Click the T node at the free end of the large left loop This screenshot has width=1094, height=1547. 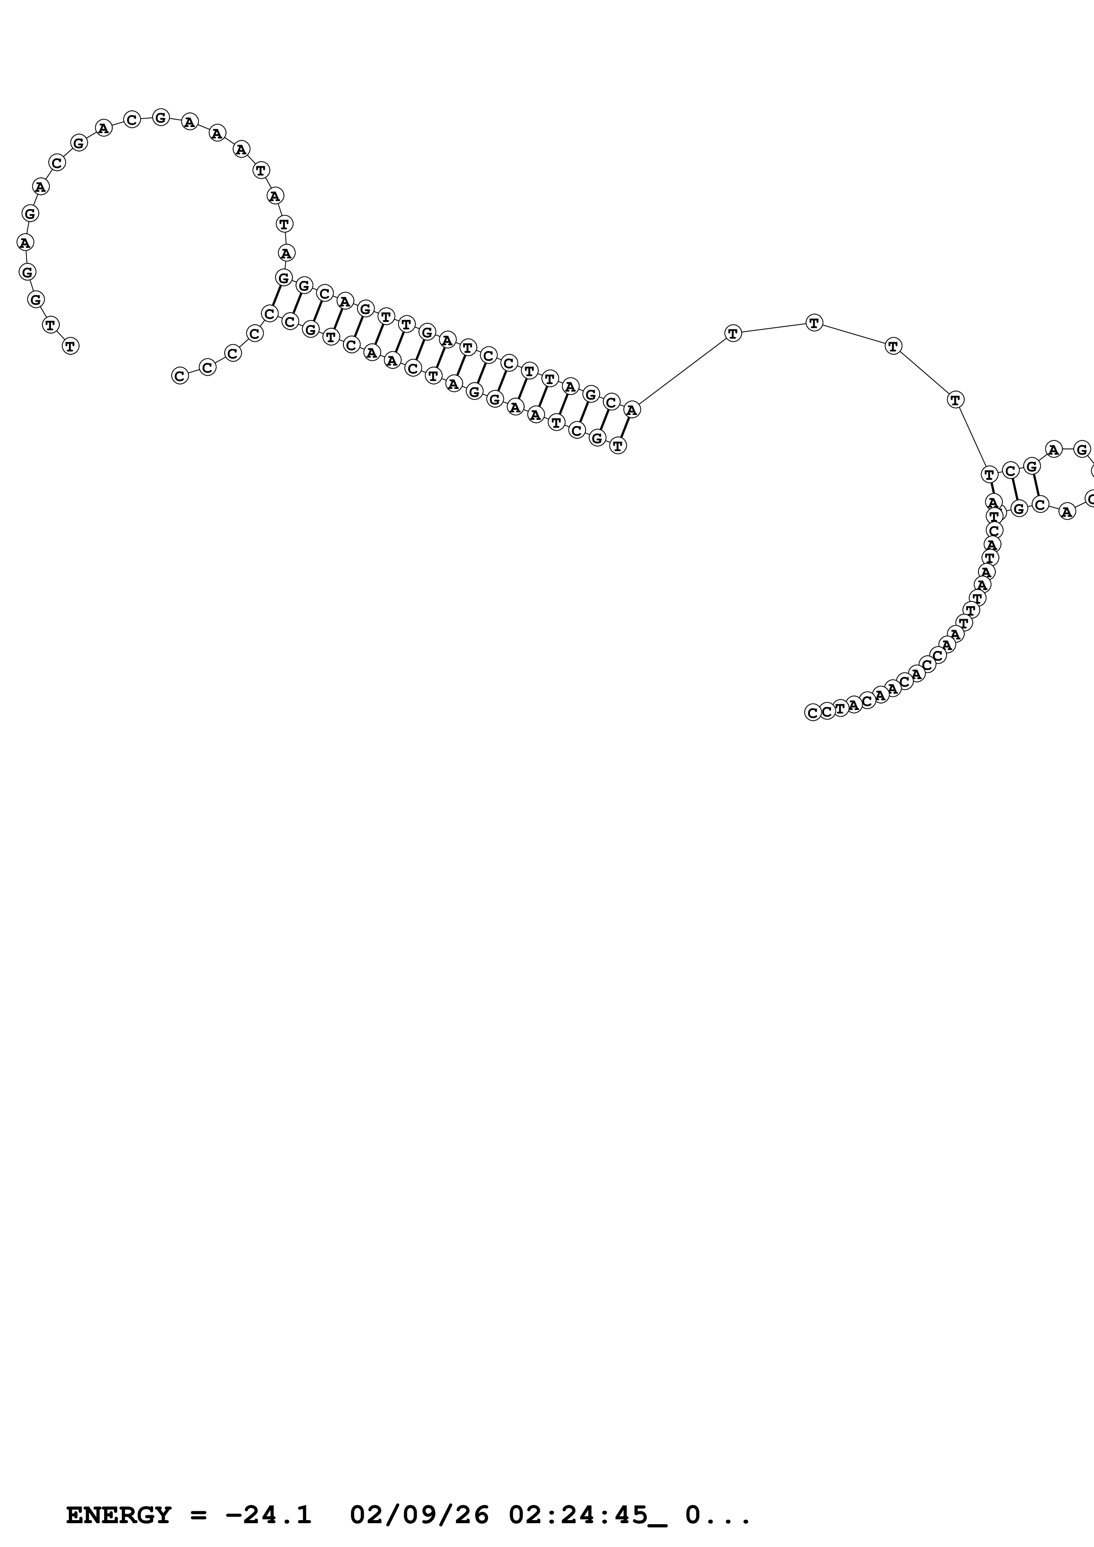tap(70, 346)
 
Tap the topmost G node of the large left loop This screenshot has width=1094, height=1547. tap(161, 117)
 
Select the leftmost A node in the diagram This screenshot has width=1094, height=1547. tap(25, 242)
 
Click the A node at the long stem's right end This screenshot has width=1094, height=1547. tap(632, 409)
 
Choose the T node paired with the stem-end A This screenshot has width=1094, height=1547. tap(617, 445)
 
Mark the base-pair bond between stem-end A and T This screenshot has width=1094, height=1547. tap(625, 427)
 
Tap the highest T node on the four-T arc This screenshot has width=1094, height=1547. tap(814, 323)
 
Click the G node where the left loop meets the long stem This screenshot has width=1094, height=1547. tap(284, 277)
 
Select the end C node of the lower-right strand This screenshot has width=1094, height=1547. tap(812, 712)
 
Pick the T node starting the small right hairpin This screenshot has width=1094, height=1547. tap(989, 475)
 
